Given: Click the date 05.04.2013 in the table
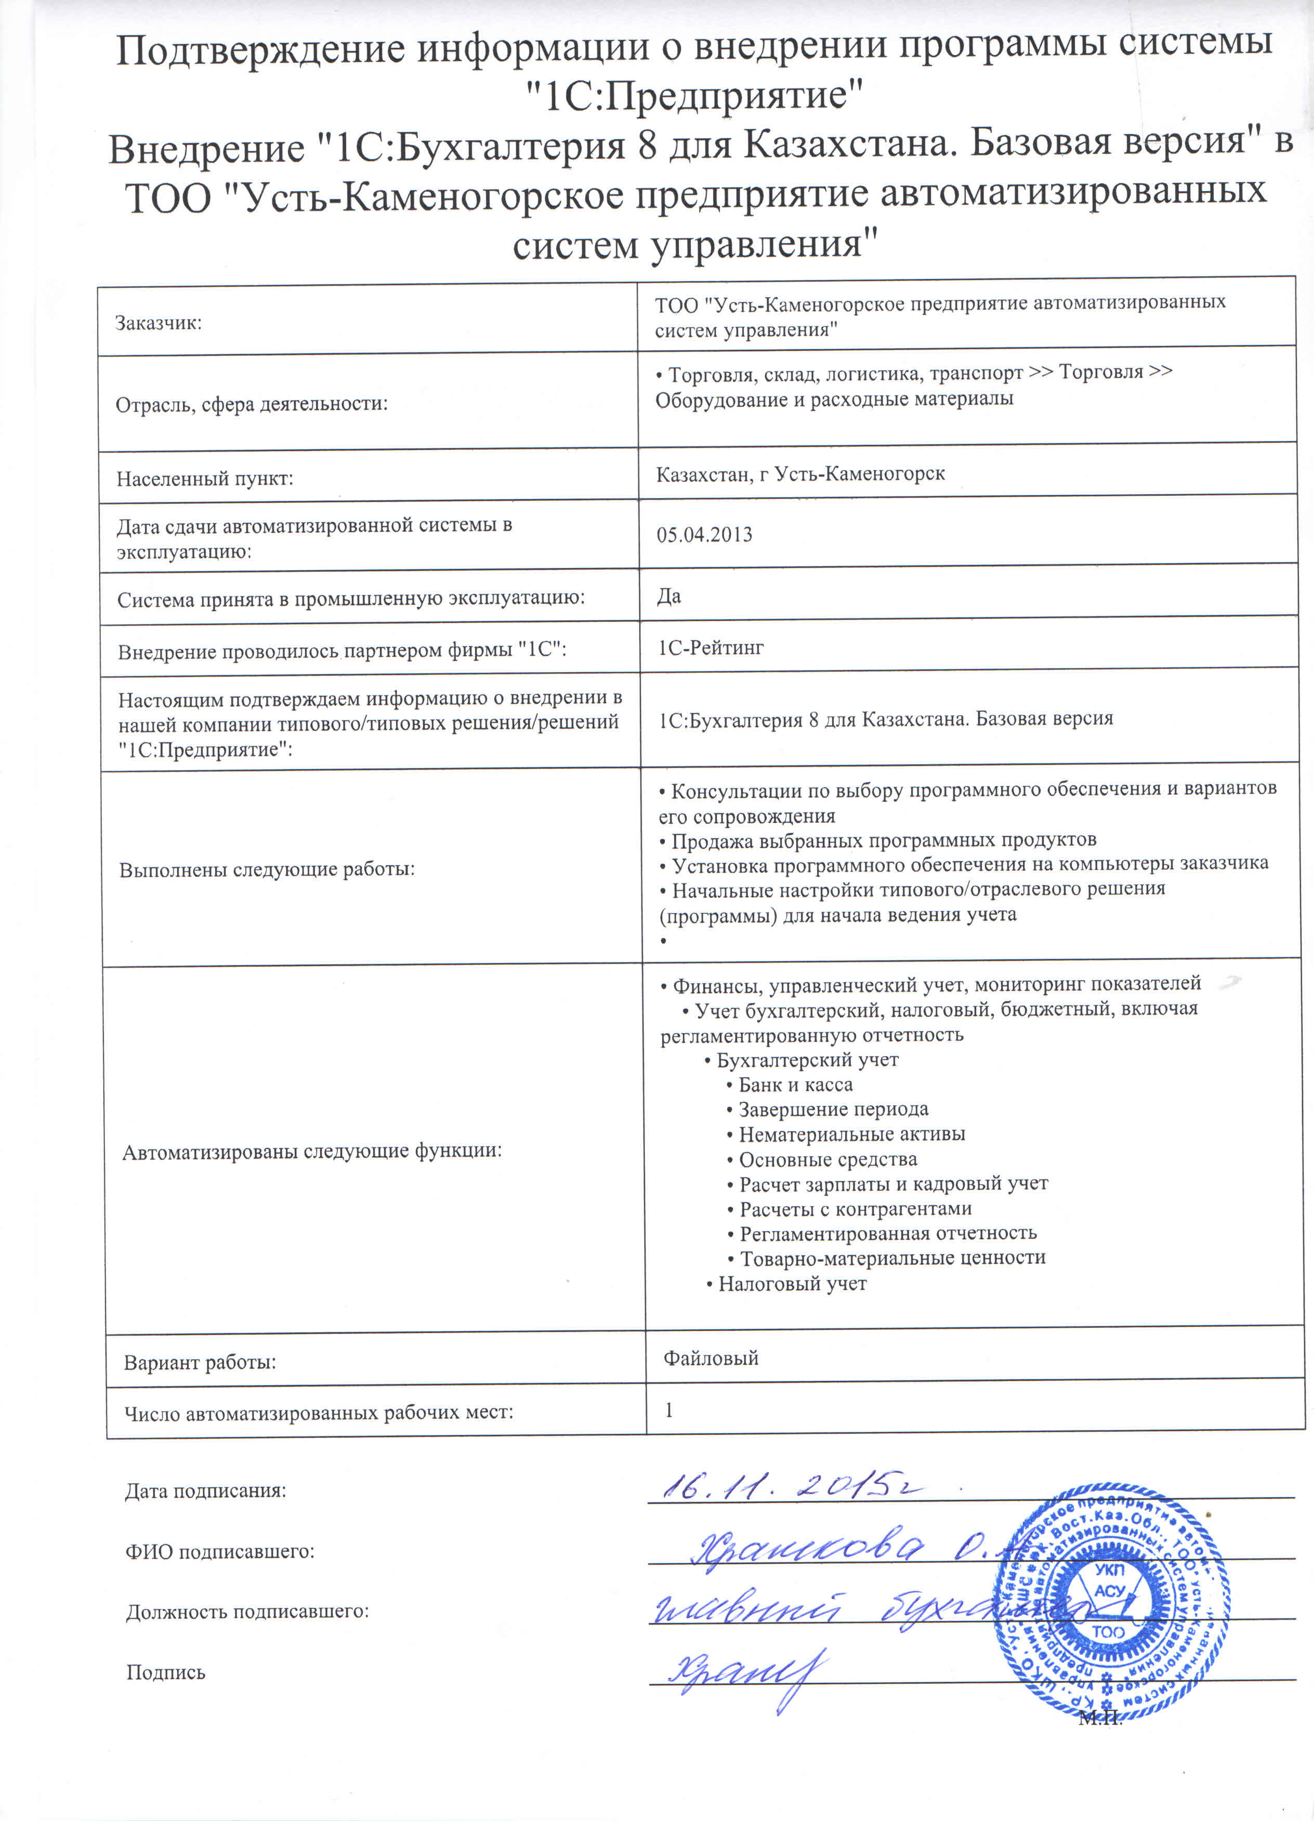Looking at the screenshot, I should coord(704,535).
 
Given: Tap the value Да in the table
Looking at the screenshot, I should coord(668,597).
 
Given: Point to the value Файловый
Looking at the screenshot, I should coord(711,1358).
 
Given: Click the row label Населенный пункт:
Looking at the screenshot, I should coord(205,479).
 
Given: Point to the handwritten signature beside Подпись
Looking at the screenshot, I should coord(747,1675).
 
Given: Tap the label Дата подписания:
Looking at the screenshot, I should coord(206,1491).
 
